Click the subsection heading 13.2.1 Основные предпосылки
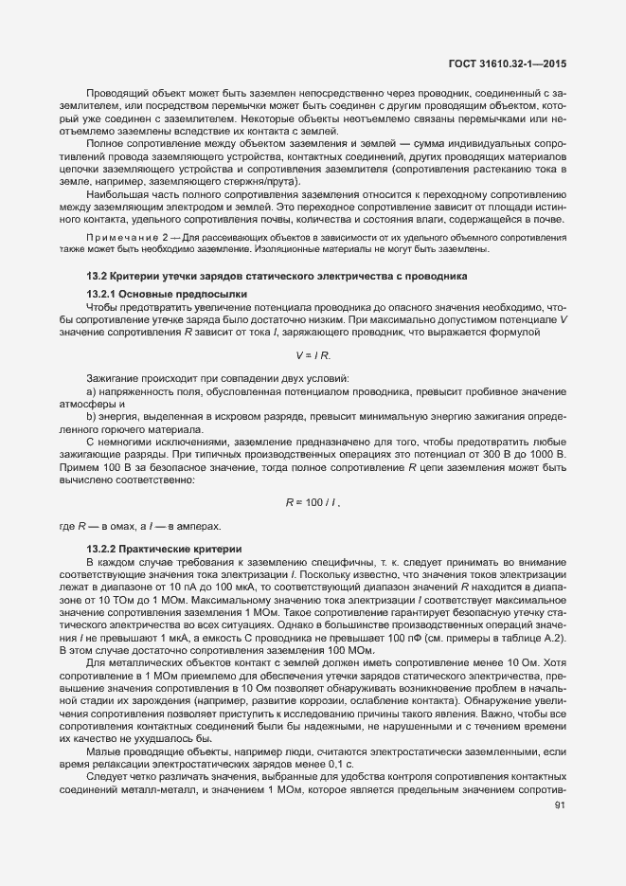(152, 294)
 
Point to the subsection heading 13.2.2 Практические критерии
(152, 550)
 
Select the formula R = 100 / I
(313, 501)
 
